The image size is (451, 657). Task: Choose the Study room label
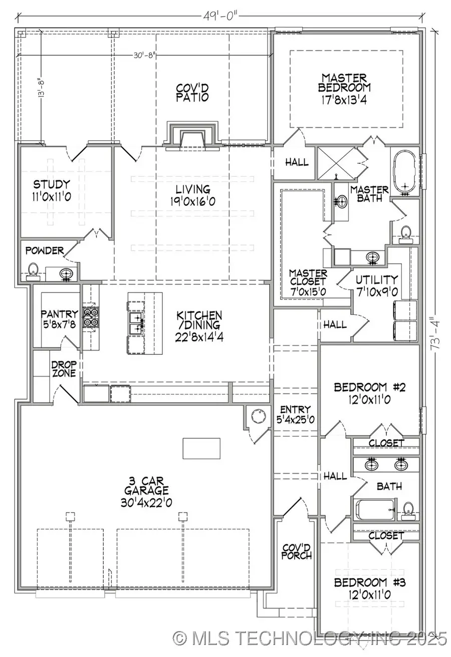(52, 190)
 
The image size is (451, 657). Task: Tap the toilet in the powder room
(33, 270)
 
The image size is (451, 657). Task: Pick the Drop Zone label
(64, 369)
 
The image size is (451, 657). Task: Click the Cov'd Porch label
(297, 551)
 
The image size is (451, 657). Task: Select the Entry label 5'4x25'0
(296, 415)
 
